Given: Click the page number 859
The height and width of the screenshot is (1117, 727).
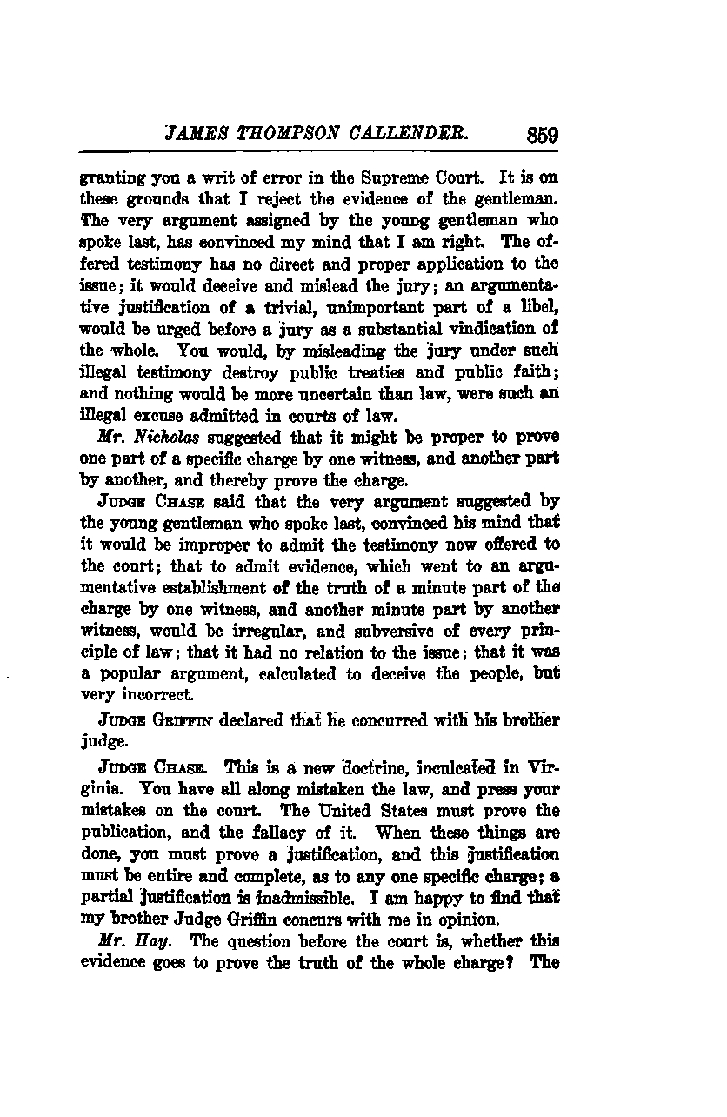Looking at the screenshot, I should [541, 136].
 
